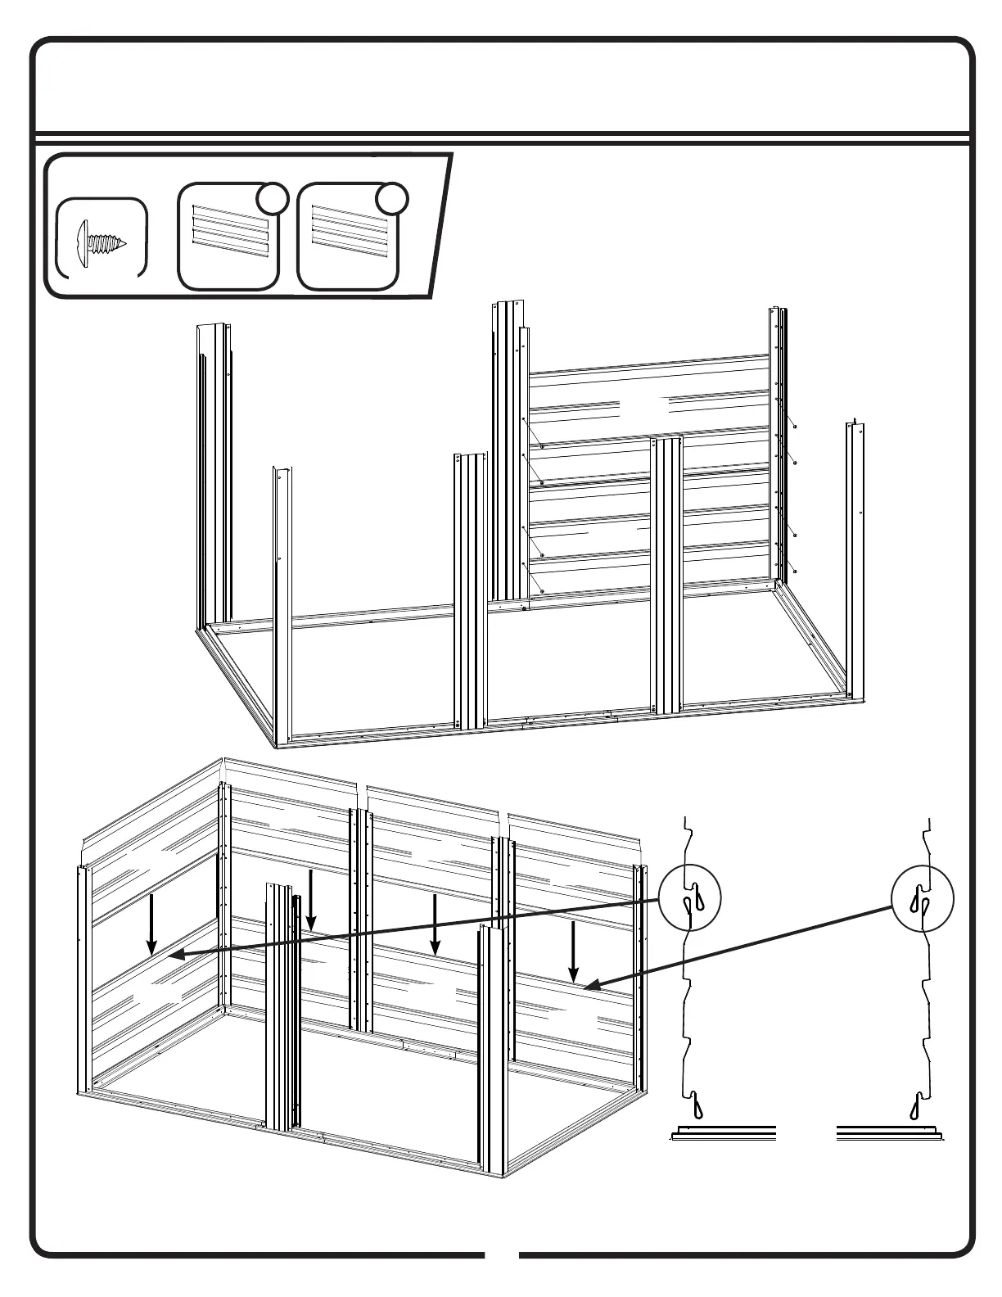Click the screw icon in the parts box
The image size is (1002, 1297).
tap(102, 237)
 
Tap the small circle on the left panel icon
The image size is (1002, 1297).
tap(272, 198)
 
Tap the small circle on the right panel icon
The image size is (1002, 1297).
tap(392, 198)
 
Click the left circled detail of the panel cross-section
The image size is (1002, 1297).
tap(690, 897)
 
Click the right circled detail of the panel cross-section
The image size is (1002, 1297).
tap(922, 897)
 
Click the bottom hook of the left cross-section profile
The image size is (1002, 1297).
tap(695, 1105)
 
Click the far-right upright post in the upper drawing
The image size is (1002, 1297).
tap(856, 557)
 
